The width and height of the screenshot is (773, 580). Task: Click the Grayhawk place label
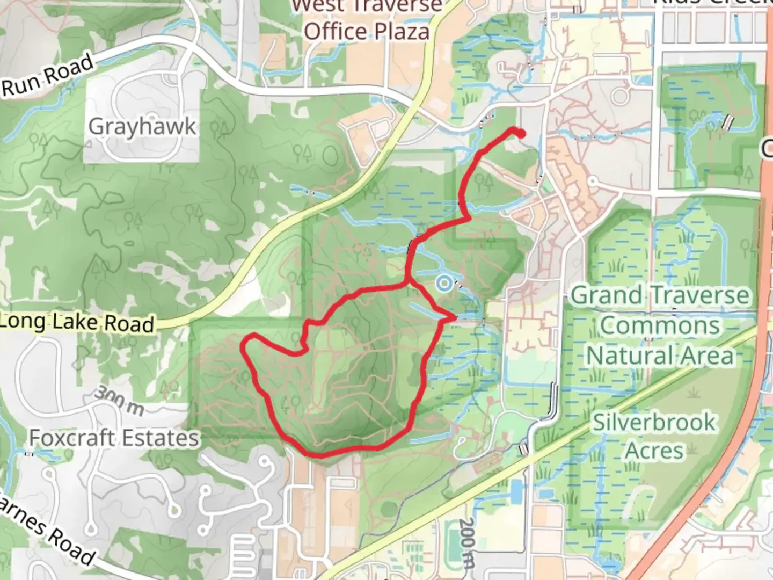[142, 127]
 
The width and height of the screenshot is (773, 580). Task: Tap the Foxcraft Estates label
[114, 438]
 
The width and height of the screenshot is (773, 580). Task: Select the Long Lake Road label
[78, 322]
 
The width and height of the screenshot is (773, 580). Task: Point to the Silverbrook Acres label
[654, 436]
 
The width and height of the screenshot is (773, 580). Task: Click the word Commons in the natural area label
[660, 325]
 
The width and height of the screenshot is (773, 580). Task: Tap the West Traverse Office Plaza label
[368, 19]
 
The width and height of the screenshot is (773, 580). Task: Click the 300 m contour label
[119, 401]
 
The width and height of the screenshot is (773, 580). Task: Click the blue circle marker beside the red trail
[443, 283]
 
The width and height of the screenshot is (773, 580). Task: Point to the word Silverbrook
[654, 423]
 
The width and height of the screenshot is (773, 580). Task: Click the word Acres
[654, 451]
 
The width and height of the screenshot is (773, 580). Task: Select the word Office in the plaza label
[336, 32]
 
